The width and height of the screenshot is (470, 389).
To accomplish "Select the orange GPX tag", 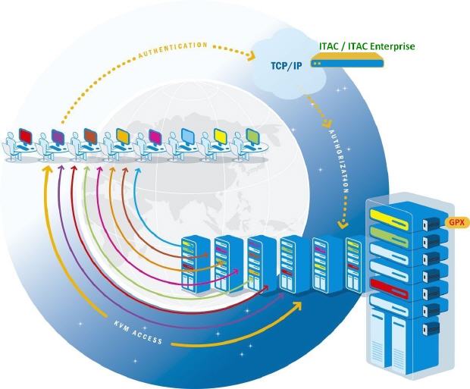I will [x=456, y=222].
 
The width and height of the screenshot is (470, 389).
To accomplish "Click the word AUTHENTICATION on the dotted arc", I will [x=172, y=47].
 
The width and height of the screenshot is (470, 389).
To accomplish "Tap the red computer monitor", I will [x=26, y=135].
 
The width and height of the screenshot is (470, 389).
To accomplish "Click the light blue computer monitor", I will [x=188, y=136].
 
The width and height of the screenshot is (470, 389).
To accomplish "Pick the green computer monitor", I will [x=253, y=136].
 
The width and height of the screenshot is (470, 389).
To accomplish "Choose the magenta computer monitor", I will [x=155, y=136].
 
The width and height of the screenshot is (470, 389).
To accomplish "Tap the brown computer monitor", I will [x=90, y=136].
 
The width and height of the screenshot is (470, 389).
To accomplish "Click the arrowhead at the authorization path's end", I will [x=343, y=224].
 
